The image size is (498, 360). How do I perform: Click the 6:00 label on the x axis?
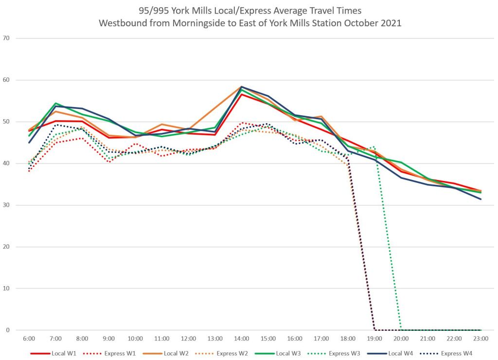pyautogui.click(x=29, y=338)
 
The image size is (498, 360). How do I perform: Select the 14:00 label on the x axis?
pyautogui.click(x=241, y=338)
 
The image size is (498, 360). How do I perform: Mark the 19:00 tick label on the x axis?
pyautogui.click(x=374, y=338)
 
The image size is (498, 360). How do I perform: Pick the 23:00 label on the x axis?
pyautogui.click(x=480, y=338)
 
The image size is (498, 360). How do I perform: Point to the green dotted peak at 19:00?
pyautogui.click(x=374, y=146)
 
